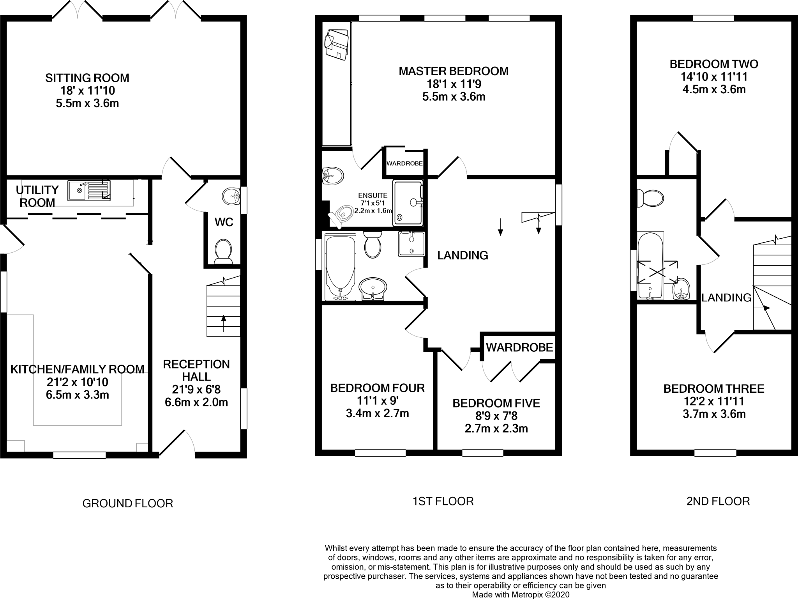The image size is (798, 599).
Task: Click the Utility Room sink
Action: click(x=89, y=190)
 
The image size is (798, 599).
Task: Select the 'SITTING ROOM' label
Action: click(x=87, y=78)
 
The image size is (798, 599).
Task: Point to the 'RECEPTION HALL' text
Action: click(x=196, y=370)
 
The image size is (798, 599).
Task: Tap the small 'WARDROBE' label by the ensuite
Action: click(x=404, y=163)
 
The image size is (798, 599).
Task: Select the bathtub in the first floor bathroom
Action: click(x=340, y=267)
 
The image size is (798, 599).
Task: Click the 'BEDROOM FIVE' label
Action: click(x=496, y=403)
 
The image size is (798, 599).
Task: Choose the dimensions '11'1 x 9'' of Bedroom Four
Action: click(x=377, y=401)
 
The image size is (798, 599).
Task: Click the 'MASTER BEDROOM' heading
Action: click(x=454, y=71)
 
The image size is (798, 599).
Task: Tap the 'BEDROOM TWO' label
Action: click(x=714, y=64)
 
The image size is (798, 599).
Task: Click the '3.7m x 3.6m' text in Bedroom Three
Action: click(x=714, y=414)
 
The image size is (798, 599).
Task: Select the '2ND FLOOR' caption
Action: click(x=718, y=501)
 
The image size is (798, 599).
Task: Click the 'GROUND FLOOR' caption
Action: click(x=127, y=503)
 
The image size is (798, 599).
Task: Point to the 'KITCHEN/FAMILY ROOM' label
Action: click(x=77, y=369)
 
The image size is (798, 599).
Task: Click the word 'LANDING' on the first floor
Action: click(x=463, y=255)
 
